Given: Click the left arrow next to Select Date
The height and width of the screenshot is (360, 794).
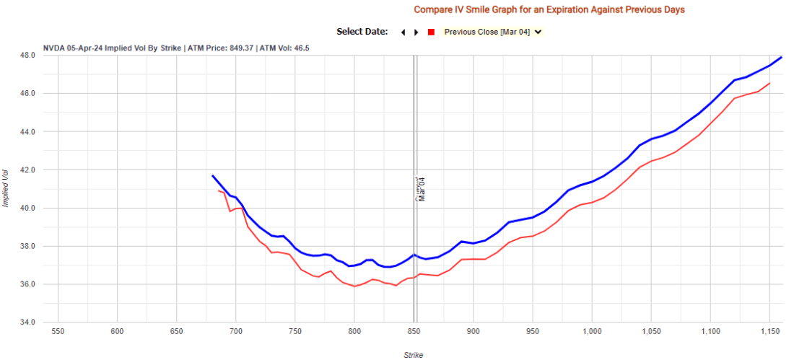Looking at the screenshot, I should coord(403,32).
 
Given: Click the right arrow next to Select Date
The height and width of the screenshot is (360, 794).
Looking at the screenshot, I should coord(416,32).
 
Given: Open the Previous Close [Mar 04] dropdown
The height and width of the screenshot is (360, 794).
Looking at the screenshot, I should coord(493,32).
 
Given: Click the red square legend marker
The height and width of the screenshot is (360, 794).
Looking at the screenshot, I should coord(431,32).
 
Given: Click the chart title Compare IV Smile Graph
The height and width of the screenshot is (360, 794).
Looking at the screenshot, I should coord(549,9).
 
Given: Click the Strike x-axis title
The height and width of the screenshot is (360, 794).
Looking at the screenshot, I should coord(413,354).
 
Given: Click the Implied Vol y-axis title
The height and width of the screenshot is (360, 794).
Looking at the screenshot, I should coord(6,188).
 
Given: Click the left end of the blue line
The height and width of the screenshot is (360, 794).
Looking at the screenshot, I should coord(212,175).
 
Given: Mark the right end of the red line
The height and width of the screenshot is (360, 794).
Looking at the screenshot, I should coord(769,83).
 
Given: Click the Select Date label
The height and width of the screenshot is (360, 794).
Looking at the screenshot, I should coord(362,32).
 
